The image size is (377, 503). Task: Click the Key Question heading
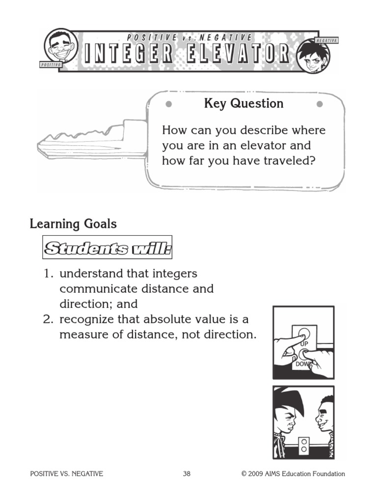[x=243, y=104]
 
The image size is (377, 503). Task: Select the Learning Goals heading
[x=73, y=224]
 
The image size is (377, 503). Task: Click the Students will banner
[x=108, y=249]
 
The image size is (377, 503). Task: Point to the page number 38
[x=187, y=474]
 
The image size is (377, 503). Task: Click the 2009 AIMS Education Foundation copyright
[x=293, y=474]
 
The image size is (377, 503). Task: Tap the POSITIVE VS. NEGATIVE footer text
[x=66, y=474]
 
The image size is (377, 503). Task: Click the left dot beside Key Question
[x=168, y=104]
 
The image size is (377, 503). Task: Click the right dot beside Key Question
[x=320, y=104]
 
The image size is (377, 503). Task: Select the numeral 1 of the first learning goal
[x=47, y=274]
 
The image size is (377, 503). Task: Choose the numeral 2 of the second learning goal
[x=47, y=320]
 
